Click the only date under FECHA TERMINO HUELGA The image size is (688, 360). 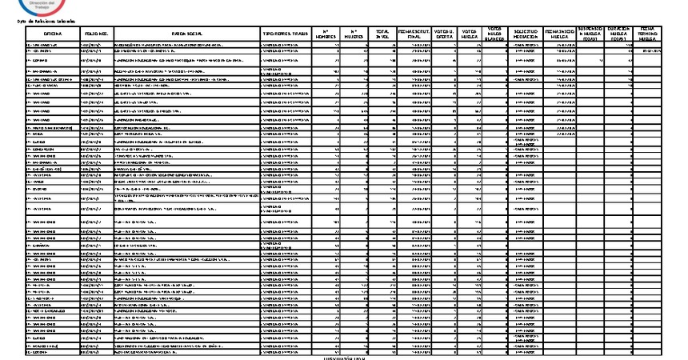[x=650, y=51]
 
